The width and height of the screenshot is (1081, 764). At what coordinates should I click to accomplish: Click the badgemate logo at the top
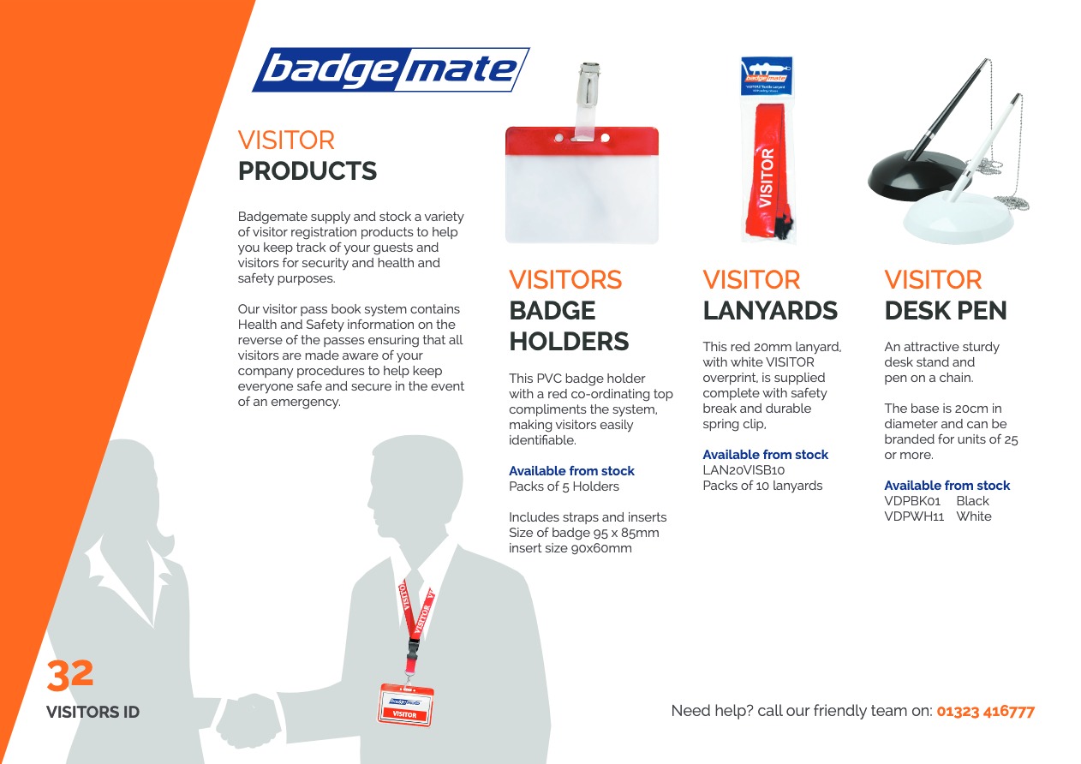click(391, 69)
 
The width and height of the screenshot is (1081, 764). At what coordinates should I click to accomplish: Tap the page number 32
click(70, 674)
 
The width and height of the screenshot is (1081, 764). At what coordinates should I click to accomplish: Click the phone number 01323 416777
click(985, 711)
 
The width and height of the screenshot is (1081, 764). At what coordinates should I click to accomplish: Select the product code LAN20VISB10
click(744, 470)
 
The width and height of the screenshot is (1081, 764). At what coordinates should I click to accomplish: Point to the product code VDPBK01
click(912, 501)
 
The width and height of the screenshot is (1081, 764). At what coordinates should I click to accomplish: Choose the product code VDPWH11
click(914, 516)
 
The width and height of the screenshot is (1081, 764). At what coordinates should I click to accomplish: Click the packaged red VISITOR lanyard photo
click(767, 150)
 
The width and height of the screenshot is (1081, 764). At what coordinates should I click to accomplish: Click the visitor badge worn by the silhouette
click(405, 705)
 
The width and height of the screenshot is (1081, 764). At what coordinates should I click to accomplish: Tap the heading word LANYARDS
click(770, 310)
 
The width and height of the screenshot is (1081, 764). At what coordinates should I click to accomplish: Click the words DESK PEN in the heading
click(946, 310)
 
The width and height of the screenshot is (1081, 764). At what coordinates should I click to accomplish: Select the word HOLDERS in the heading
click(569, 341)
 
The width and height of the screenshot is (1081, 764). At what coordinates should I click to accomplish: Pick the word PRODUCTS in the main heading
click(308, 170)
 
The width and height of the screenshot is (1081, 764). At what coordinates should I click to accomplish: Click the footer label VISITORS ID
click(93, 712)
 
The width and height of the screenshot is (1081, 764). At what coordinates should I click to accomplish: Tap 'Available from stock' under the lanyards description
click(766, 455)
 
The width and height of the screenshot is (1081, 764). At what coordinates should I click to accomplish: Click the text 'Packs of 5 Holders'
click(564, 486)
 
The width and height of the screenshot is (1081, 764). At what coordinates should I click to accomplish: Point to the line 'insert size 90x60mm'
click(570, 548)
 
